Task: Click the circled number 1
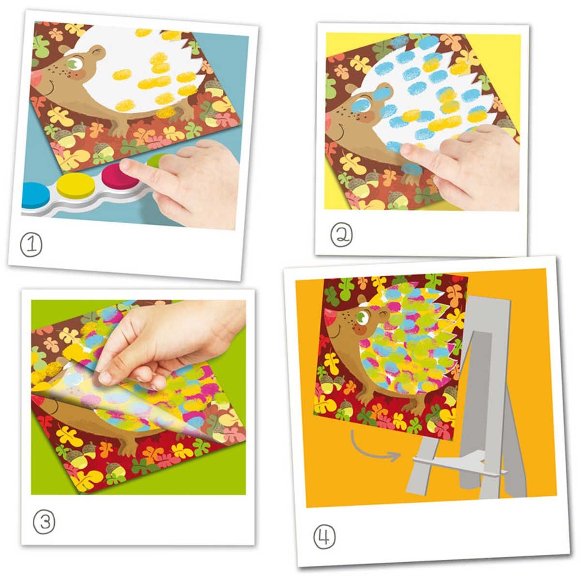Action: click(x=31, y=245)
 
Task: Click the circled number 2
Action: click(x=341, y=236)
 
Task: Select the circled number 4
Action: click(x=324, y=537)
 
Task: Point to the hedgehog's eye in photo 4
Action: click(x=362, y=318)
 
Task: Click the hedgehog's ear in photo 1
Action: click(x=97, y=51)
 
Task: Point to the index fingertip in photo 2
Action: click(x=406, y=149)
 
